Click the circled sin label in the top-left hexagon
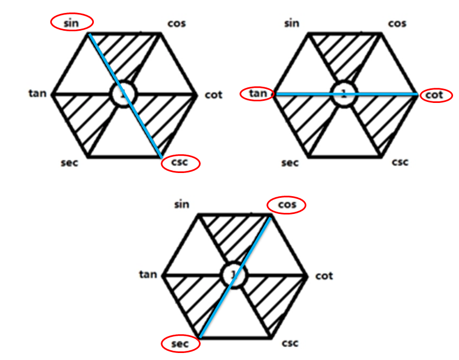[x=71, y=23]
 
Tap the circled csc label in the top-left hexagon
[x=180, y=162]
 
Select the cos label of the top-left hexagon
[x=176, y=23]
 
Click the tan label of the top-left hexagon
[x=37, y=93]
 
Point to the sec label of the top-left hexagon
[x=70, y=163]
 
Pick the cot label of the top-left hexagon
[x=214, y=95]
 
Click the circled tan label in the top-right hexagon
[x=258, y=93]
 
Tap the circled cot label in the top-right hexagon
[x=434, y=95]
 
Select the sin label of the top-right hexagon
[x=292, y=23]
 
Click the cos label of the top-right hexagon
[x=397, y=23]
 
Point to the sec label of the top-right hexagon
[x=290, y=163]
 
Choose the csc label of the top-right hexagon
[x=400, y=162]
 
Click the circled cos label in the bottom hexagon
[x=287, y=204]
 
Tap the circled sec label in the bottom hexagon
[x=180, y=344]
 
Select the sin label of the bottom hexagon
[x=182, y=204]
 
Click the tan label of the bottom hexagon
[x=148, y=274]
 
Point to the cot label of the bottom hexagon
[x=324, y=276]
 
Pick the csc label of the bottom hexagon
[x=290, y=343]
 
